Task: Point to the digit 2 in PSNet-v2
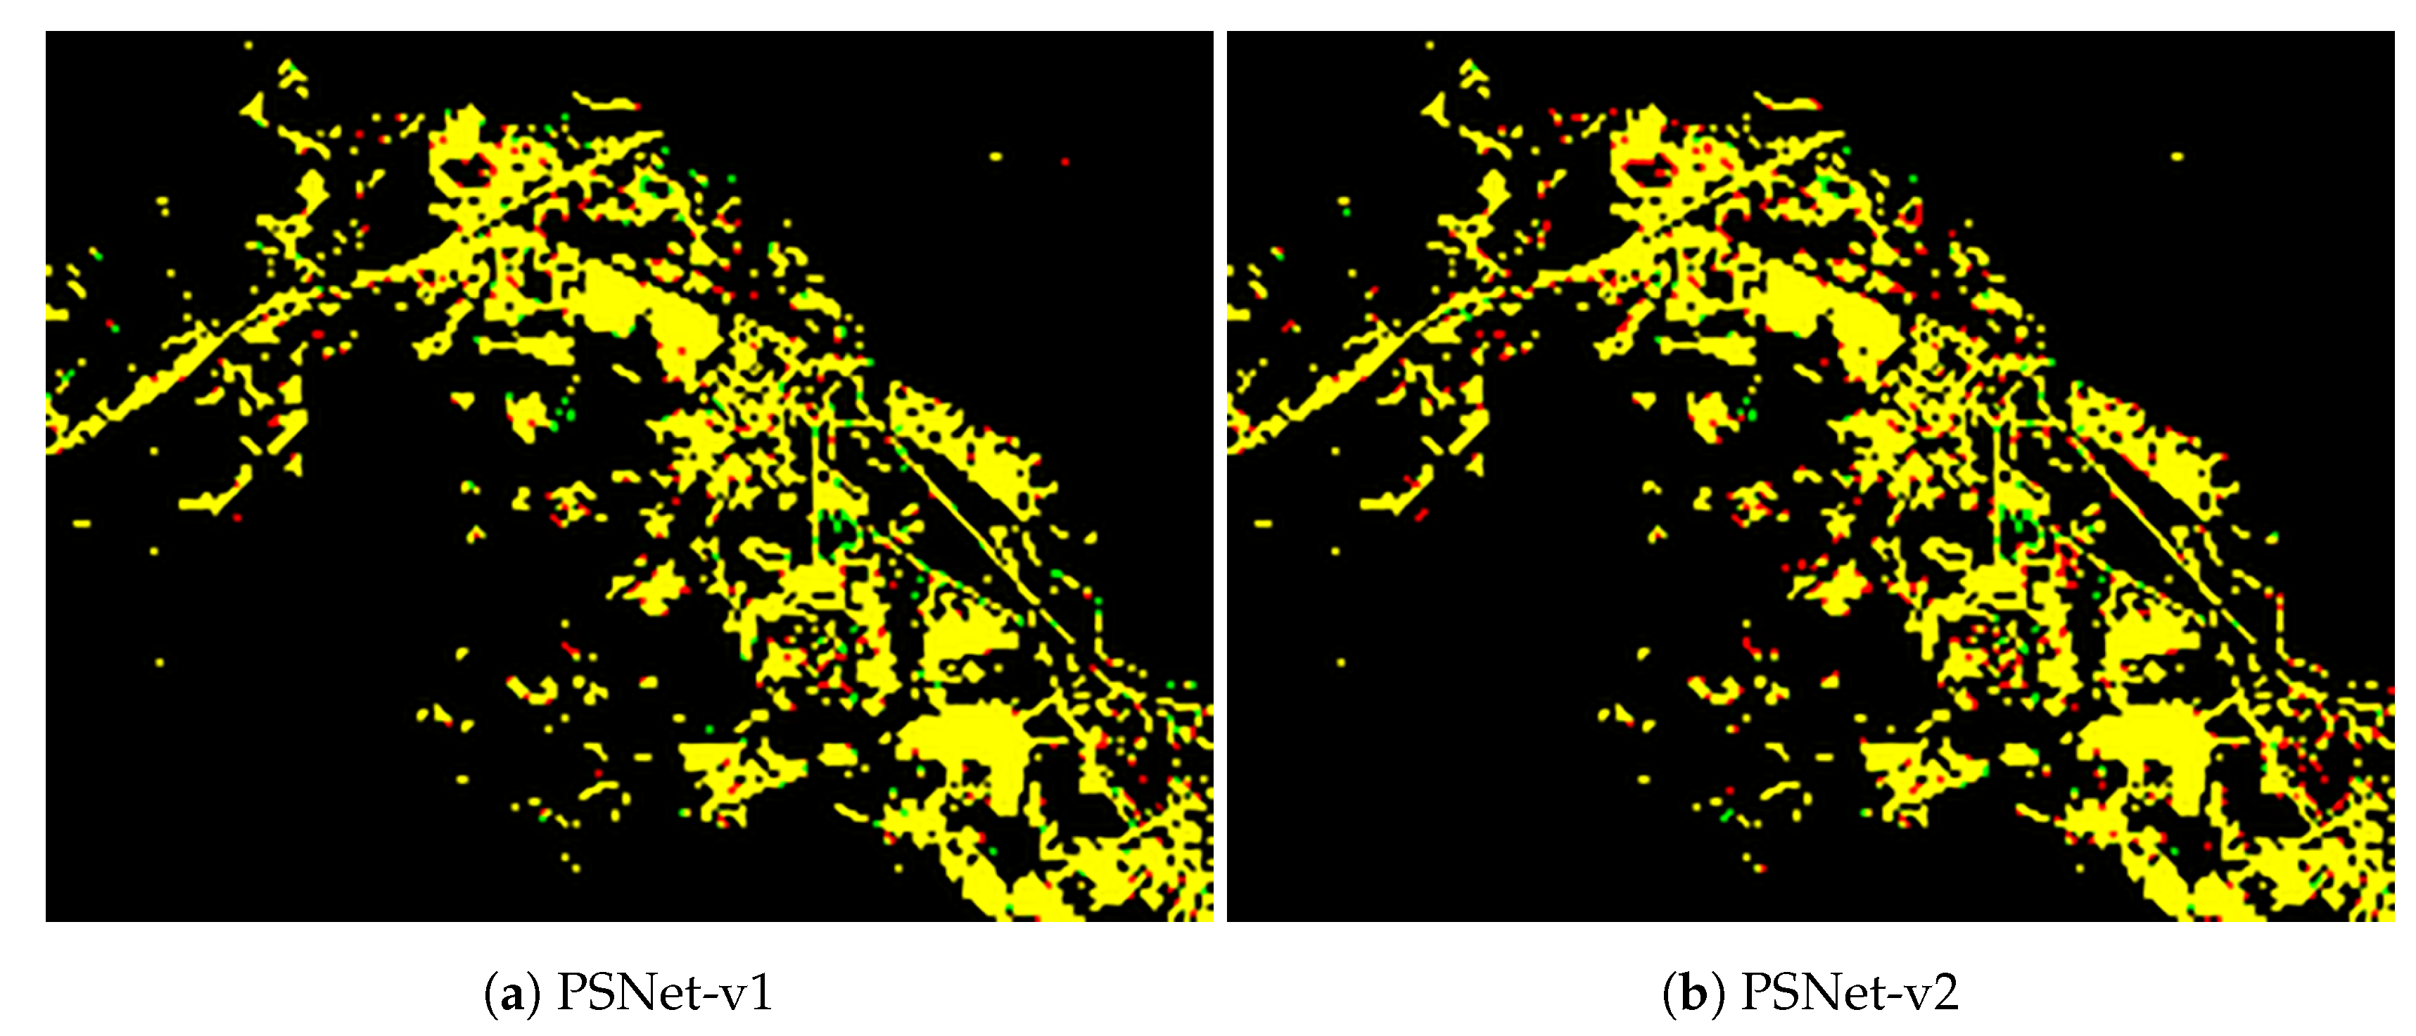pyautogui.click(x=1945, y=994)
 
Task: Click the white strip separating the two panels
pyautogui.click(x=1219, y=469)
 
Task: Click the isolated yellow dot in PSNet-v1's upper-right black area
pyautogui.click(x=995, y=157)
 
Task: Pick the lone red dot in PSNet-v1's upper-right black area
pyautogui.click(x=1064, y=163)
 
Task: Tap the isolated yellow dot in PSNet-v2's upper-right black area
pyautogui.click(x=2177, y=157)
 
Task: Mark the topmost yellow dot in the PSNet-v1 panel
pyautogui.click(x=248, y=45)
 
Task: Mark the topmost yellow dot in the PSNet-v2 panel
pyautogui.click(x=1430, y=45)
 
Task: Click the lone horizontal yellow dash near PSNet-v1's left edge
pyautogui.click(x=82, y=523)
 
